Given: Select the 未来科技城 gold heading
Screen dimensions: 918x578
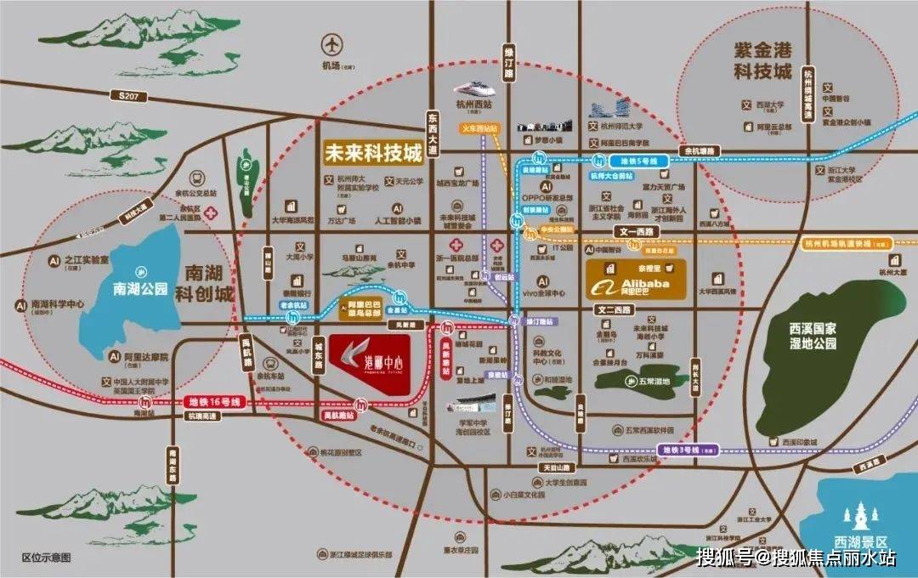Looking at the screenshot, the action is [x=372, y=153].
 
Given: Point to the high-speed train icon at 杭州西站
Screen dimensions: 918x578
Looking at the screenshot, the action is [x=473, y=88].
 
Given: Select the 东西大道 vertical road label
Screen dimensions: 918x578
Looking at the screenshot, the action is [x=433, y=136].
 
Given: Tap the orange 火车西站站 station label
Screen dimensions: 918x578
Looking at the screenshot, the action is [x=479, y=128].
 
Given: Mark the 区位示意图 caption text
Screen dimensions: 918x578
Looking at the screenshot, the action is [x=47, y=558].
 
